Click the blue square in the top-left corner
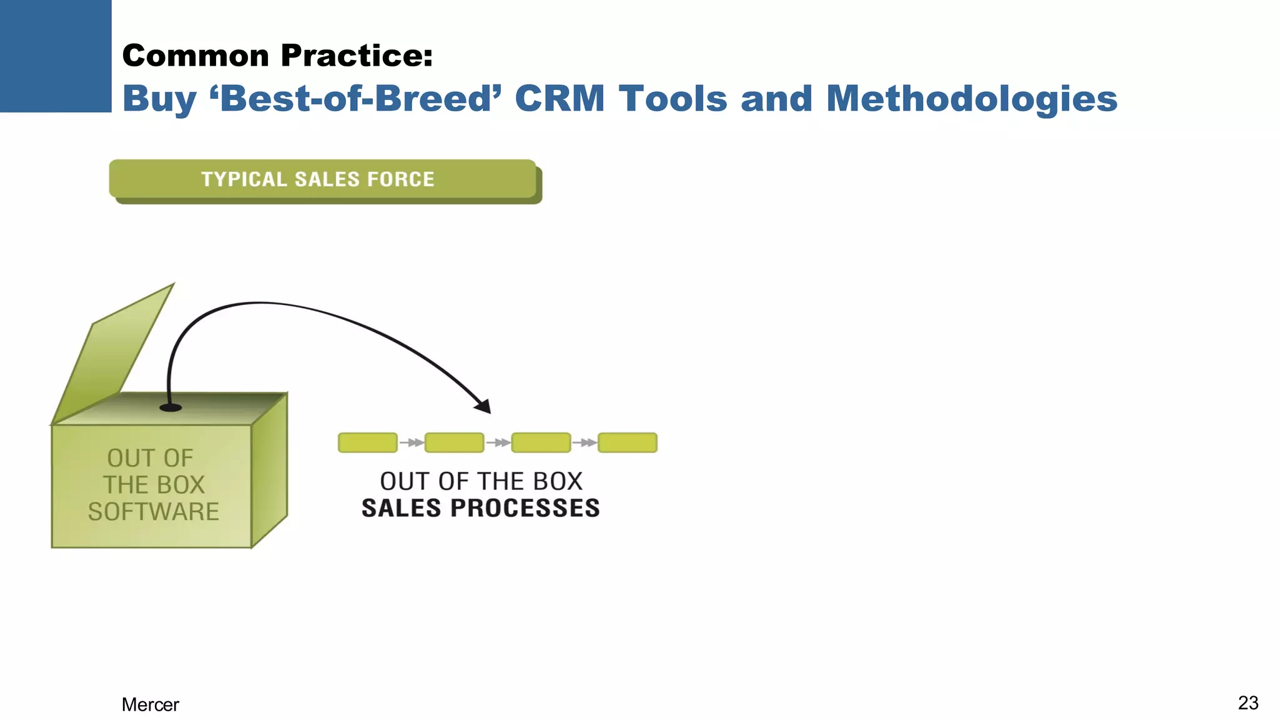[56, 56]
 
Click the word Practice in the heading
[357, 56]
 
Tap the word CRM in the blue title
[560, 99]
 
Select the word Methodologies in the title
[971, 99]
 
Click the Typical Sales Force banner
[322, 179]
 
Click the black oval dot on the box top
[170, 407]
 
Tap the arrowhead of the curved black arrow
[483, 407]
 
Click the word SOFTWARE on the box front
[154, 512]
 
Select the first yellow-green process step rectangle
[367, 442]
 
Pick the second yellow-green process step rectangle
[454, 442]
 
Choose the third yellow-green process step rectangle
[541, 442]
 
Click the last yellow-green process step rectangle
[627, 442]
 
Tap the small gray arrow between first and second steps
[411, 442]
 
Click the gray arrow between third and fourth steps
[585, 442]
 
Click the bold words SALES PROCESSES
[480, 508]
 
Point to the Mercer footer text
[150, 704]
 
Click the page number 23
[1248, 702]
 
